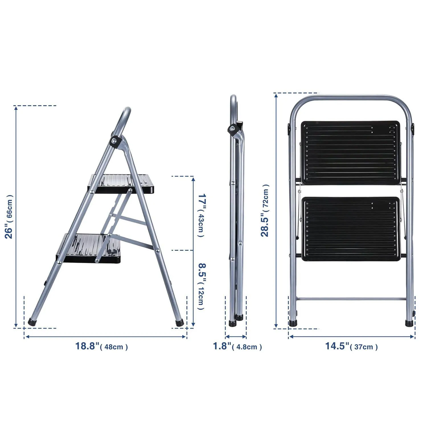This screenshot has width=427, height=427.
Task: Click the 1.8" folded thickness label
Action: (x=222, y=346)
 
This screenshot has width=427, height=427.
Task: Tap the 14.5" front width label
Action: (x=337, y=346)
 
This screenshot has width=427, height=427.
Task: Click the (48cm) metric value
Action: (x=114, y=347)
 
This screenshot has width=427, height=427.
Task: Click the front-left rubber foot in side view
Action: (x=32, y=322)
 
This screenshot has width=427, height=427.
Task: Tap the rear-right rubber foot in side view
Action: (x=180, y=323)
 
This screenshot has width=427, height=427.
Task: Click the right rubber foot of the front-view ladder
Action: (x=409, y=323)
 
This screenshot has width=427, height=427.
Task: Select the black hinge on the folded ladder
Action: (x=232, y=129)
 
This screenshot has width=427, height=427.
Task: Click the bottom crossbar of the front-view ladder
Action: (x=351, y=299)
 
